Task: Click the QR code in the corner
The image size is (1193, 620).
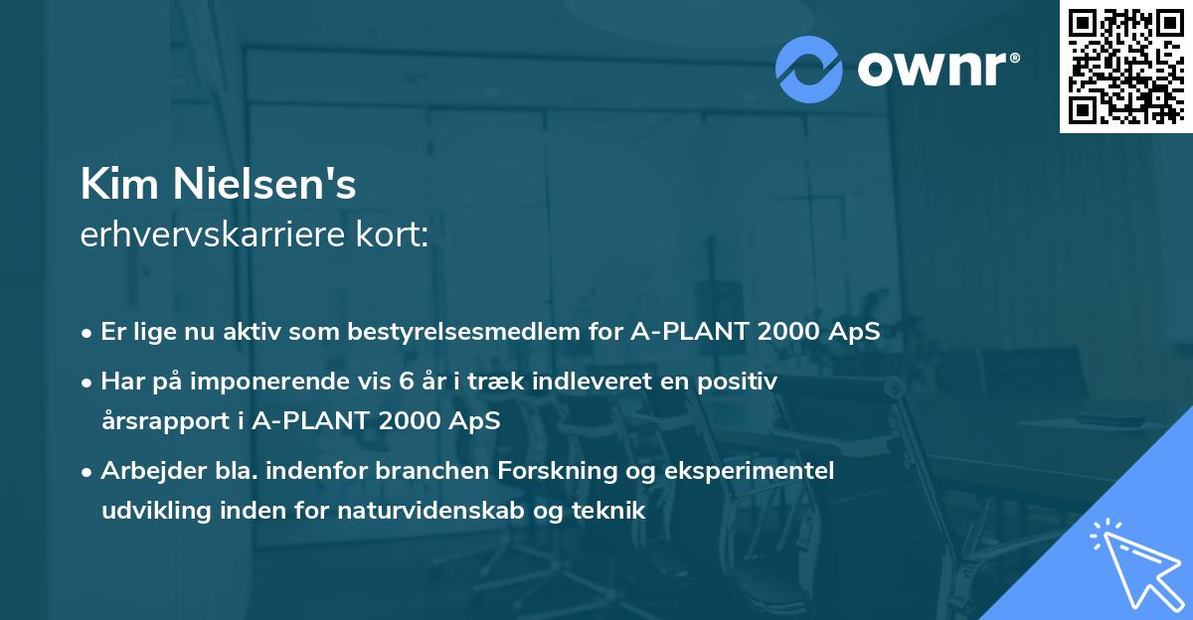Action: tap(1126, 66)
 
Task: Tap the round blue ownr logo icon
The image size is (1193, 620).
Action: tap(809, 69)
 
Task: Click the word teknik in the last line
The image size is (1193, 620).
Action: tap(612, 511)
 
